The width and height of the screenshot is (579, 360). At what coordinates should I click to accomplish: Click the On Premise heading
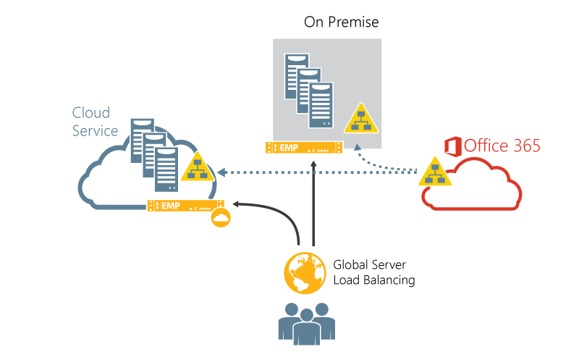point(341,22)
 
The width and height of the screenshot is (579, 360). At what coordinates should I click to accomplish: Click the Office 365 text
point(502,146)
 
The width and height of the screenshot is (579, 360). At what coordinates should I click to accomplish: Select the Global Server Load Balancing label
point(373,272)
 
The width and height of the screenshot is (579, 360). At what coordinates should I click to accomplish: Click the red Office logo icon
point(453,146)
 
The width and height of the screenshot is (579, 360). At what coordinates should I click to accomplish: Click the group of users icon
point(306,322)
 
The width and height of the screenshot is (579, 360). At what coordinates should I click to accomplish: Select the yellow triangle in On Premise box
point(360,120)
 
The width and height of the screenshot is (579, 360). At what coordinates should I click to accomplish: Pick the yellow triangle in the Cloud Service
point(197,168)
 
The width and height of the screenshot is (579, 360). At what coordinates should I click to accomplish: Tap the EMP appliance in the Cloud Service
point(186,206)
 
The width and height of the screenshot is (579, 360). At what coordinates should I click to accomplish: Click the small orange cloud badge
point(221,218)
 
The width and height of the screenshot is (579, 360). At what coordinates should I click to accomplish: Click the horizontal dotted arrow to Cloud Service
point(318,172)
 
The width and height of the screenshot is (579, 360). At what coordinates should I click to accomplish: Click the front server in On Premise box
point(321,105)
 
